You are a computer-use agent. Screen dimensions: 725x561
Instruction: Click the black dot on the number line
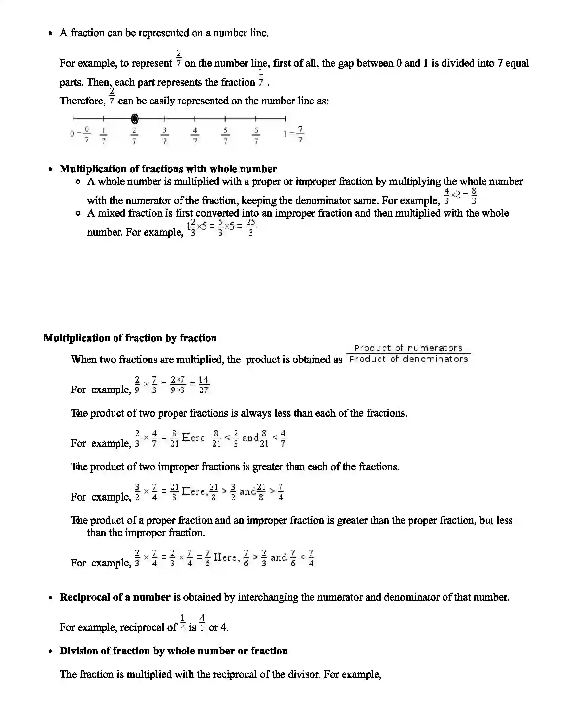point(135,119)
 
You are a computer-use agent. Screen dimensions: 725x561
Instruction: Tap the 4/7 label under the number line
point(195,135)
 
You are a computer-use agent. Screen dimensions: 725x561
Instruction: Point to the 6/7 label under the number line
point(256,135)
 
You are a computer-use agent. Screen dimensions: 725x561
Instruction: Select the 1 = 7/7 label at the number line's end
point(294,134)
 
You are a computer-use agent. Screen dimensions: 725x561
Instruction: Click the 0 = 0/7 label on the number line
point(80,134)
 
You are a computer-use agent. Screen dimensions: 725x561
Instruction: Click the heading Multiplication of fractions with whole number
point(168,169)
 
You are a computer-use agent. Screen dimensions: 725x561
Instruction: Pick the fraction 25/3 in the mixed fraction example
point(250,227)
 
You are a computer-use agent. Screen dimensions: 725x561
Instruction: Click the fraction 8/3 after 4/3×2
point(474,196)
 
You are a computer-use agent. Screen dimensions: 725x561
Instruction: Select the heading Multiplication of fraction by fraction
point(130,338)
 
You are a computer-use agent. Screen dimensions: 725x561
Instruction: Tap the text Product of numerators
point(408,348)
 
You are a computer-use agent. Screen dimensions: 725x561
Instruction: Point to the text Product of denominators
point(409,359)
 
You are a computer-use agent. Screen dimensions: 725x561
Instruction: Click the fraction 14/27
point(203,385)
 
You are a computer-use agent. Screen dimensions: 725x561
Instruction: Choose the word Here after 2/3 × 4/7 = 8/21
point(193,438)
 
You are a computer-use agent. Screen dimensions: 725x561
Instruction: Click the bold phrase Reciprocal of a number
point(115,597)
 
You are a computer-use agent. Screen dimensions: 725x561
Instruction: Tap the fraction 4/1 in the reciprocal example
point(202,623)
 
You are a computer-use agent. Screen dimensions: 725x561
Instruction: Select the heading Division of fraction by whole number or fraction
point(174,651)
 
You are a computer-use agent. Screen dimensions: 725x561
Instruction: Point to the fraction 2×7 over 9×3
point(178,385)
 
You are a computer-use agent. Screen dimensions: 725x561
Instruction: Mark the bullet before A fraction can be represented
point(50,33)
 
